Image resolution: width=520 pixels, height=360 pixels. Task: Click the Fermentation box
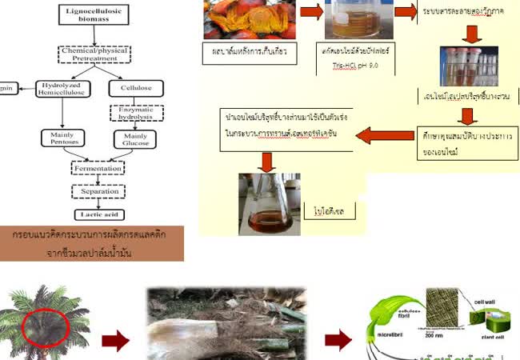pos(97,169)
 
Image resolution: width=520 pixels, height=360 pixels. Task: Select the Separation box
pos(97,192)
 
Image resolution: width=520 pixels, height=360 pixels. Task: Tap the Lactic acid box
pos(97,214)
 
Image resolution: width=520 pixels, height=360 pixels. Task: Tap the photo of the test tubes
pos(468,66)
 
